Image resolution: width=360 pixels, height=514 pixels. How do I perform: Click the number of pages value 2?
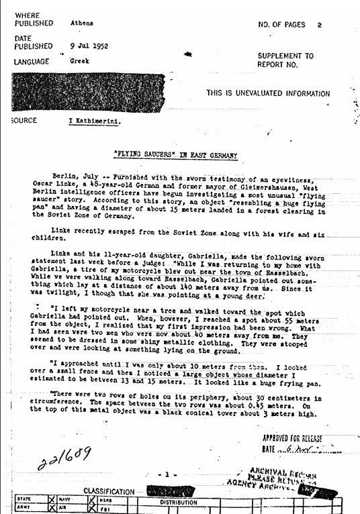[x=320, y=24]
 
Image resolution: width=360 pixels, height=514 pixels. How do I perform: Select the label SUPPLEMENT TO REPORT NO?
[x=285, y=61]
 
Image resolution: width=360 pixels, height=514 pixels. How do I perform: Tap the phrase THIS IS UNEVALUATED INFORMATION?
[x=277, y=93]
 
